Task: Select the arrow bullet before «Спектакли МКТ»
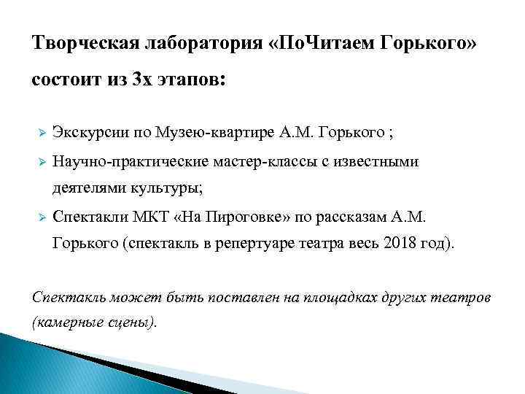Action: click(x=42, y=217)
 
